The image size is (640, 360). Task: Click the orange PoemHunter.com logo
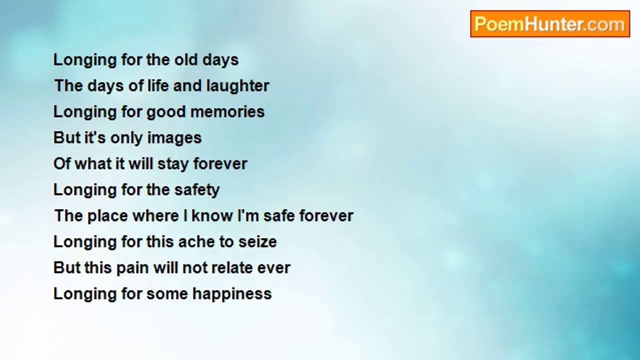point(550,24)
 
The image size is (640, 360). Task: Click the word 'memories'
point(227,111)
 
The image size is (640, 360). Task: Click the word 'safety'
point(197,190)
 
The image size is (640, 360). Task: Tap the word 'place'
point(107,215)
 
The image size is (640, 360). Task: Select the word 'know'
point(212,215)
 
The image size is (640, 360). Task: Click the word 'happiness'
point(231,294)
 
